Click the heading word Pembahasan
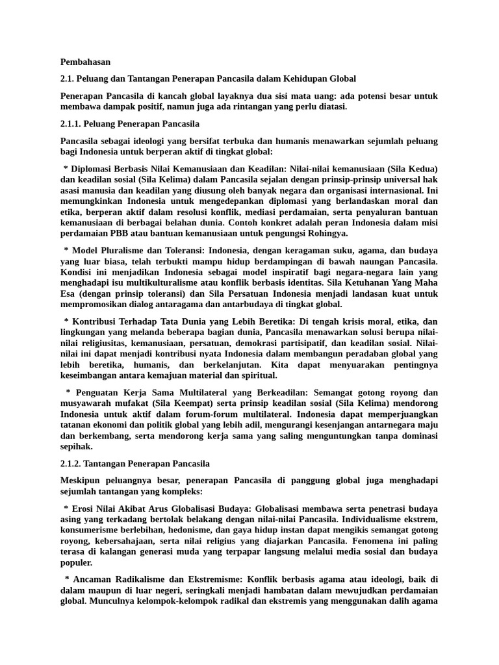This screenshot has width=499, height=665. [x=86, y=62]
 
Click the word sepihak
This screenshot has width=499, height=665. [x=76, y=447]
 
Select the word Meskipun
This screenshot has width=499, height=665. [x=81, y=480]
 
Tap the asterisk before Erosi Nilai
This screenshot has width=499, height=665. [x=66, y=508]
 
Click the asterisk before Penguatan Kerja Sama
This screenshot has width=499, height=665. [x=69, y=393]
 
